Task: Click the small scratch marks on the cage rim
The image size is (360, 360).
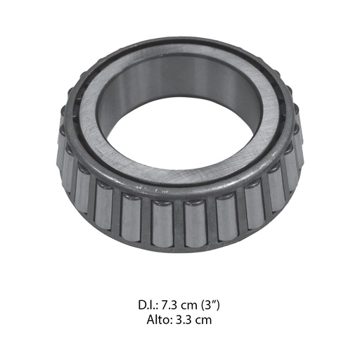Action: (150, 190)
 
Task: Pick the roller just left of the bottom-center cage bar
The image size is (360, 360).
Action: (162, 223)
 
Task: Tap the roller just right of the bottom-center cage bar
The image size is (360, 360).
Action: (196, 224)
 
